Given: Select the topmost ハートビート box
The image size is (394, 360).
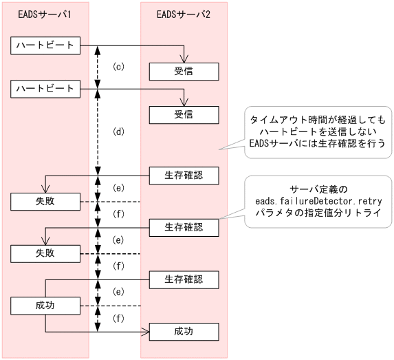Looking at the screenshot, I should point(46,45).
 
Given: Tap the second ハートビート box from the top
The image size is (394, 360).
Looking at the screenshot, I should point(46,88).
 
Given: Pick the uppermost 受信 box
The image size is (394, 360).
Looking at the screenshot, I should point(184,71).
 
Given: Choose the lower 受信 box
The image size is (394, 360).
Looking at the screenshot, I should point(184,114).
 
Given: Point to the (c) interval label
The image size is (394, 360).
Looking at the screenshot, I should point(118,67).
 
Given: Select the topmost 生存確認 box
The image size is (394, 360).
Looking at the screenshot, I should point(184,175).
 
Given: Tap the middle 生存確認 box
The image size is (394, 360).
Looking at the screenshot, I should point(184,226).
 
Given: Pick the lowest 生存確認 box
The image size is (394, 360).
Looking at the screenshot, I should point(184,279).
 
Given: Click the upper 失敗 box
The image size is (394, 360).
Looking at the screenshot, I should point(46,201).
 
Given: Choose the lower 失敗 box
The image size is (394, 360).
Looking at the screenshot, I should point(46,253).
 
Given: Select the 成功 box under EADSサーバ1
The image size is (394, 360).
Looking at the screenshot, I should point(46,305).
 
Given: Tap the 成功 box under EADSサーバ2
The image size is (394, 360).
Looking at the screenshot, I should point(184,331).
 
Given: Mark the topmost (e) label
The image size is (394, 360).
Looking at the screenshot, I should point(118,188).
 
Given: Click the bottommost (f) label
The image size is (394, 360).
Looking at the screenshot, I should point(118,318).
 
